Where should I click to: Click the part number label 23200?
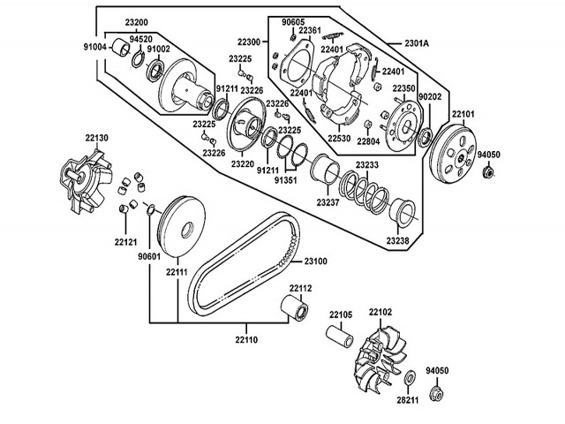coord(137,22)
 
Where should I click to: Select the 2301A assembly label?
coord(417,43)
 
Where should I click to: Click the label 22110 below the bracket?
coord(246,339)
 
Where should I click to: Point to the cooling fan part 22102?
coord(379,360)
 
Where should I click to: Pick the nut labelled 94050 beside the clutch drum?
coord(488,170)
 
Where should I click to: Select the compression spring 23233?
coord(364,192)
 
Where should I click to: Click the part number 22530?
coord(339,138)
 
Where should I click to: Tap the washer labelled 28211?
coord(410,377)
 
